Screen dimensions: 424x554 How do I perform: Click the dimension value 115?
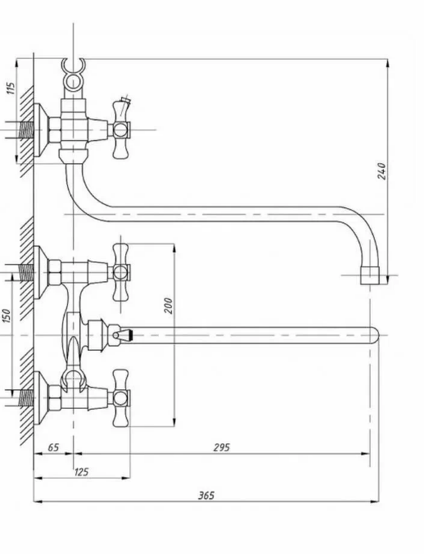[x=11, y=88]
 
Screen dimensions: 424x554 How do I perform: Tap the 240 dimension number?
[x=382, y=171]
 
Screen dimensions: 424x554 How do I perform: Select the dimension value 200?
[x=169, y=306]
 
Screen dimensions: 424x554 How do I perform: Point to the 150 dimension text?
[x=7, y=316]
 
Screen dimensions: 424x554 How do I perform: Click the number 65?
[x=53, y=447]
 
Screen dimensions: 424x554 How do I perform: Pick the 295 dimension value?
[x=222, y=447]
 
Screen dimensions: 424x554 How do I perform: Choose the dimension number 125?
[x=81, y=472]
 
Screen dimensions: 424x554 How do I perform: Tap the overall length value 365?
[x=206, y=495]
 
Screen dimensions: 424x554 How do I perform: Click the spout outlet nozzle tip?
[x=370, y=275]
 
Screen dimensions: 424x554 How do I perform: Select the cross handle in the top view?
[x=120, y=129]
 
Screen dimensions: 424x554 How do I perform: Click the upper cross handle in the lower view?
[x=120, y=272]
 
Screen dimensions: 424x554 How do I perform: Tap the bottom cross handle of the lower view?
[x=120, y=398]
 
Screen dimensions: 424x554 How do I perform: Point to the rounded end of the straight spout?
[x=374, y=335]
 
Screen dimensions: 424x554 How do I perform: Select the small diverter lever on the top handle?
[x=124, y=105]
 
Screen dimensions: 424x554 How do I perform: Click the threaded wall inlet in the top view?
[x=25, y=130]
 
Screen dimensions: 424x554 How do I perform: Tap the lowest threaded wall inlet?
[x=25, y=397]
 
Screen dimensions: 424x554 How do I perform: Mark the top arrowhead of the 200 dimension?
[x=174, y=247]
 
